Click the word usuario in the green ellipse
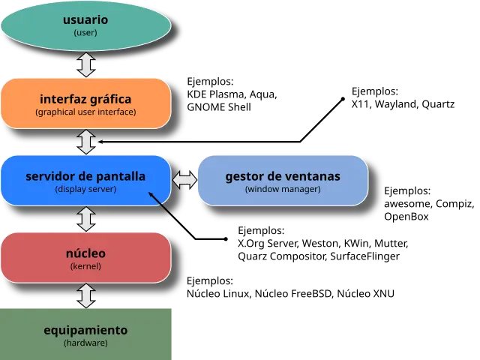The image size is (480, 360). [85, 19]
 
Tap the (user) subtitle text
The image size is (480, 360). [85, 33]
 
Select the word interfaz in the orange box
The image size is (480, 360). [64, 98]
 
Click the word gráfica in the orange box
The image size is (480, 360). [111, 98]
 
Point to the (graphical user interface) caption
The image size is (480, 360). [85, 112]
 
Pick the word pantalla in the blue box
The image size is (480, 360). [121, 176]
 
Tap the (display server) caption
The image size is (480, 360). [85, 190]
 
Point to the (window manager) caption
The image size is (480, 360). [283, 190]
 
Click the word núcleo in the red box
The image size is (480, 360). [85, 253]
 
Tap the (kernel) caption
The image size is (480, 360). [85, 266]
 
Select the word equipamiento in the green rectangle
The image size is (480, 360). [85, 330]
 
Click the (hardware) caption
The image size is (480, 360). [85, 343]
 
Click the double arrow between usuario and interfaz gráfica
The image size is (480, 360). [86, 64]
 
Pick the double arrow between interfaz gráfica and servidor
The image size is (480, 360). [86, 141]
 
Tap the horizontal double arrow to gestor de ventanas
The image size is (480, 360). [184, 180]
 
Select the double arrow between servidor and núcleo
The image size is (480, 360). [86, 218]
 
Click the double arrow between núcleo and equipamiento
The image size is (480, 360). [86, 295]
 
